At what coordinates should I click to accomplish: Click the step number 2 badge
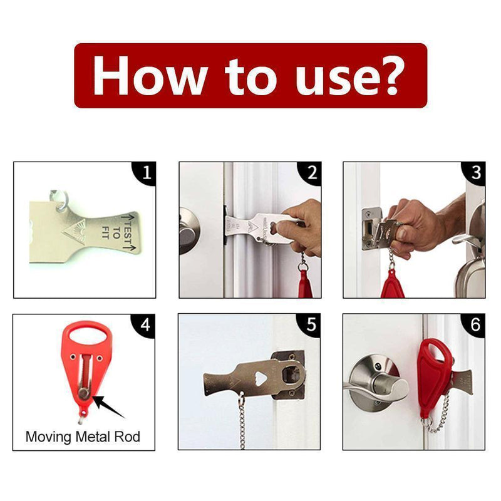tap(311, 173)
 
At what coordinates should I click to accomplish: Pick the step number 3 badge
tap(475, 173)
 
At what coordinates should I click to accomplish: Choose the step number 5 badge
tap(311, 324)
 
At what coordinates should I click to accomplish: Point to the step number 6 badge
tap(475, 324)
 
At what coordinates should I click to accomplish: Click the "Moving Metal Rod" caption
tap(83, 436)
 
